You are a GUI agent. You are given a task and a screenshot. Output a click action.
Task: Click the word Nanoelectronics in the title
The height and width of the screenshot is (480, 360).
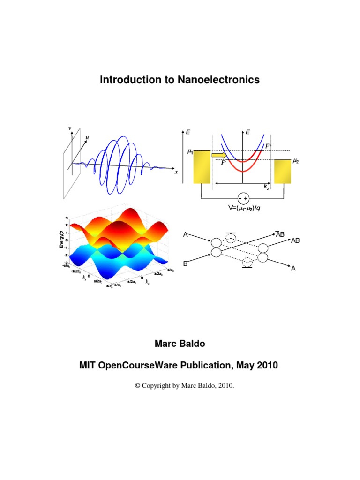[x=218, y=80]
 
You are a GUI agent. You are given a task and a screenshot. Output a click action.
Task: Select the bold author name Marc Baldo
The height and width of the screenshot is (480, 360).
[x=180, y=344]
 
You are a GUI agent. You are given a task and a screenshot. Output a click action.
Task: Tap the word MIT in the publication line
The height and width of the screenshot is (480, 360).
[x=90, y=365]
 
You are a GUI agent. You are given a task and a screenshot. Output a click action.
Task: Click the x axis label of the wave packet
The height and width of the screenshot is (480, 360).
[x=176, y=172]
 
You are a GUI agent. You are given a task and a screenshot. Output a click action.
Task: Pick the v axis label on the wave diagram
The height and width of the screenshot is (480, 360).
[x=70, y=128]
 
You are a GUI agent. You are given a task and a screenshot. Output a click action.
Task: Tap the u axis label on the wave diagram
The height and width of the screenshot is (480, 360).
[x=87, y=138]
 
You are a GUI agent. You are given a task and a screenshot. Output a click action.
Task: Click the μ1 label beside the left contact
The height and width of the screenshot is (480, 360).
[x=190, y=152]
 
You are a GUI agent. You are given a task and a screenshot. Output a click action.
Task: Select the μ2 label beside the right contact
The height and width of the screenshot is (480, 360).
[x=295, y=161]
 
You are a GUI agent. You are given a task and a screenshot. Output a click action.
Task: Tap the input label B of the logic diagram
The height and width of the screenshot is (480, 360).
[x=185, y=264]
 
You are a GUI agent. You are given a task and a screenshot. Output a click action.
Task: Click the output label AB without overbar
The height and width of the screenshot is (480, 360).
[x=295, y=240]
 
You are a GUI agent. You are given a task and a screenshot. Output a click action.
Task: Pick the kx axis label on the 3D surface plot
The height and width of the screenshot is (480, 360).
[x=147, y=283]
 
